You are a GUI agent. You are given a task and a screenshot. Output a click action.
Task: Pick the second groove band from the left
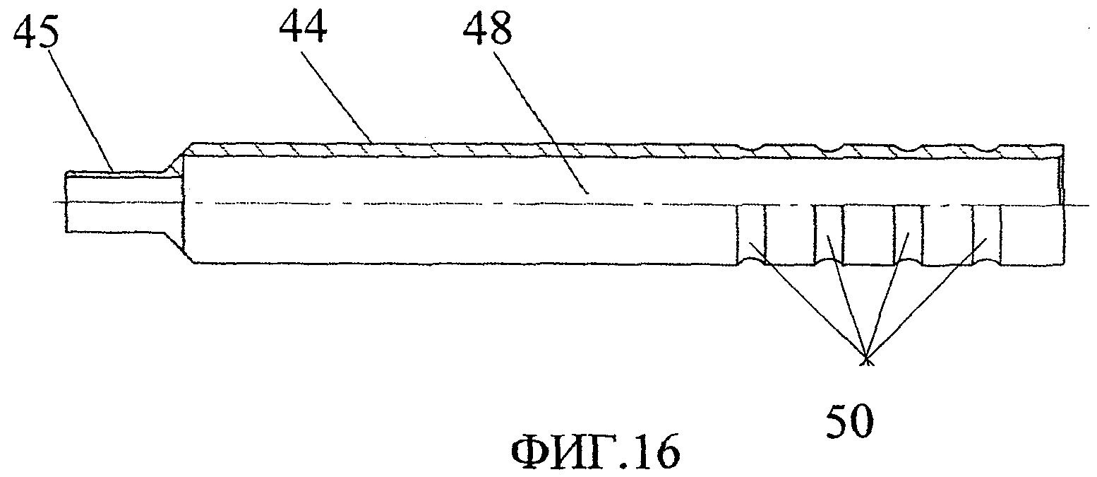[x=828, y=233]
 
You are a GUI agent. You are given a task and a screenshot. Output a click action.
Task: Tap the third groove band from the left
[x=909, y=233]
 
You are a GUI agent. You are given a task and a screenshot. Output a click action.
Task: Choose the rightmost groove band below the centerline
[x=987, y=233]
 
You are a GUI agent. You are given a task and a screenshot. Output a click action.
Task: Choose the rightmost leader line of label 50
[x=925, y=300]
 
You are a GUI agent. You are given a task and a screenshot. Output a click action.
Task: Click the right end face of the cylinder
[x=1062, y=205]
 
